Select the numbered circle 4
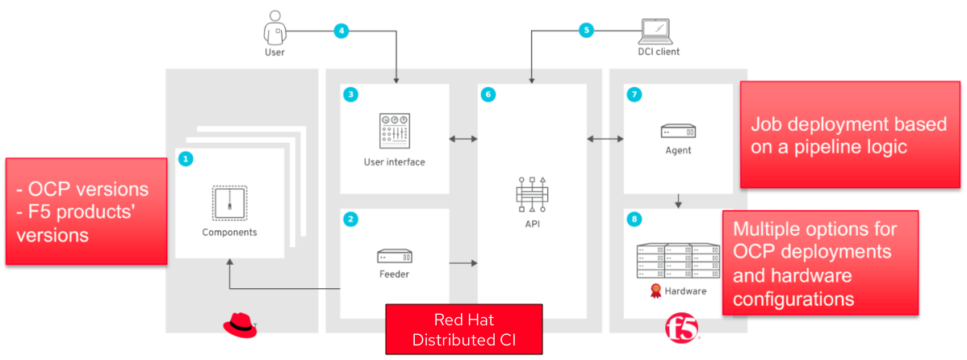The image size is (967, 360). pyautogui.click(x=342, y=31)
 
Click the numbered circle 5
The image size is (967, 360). pyautogui.click(x=587, y=31)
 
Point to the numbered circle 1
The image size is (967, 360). pyautogui.click(x=186, y=159)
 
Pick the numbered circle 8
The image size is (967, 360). pyautogui.click(x=634, y=219)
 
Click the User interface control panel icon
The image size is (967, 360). pyautogui.click(x=394, y=131)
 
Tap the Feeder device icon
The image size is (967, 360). pyautogui.click(x=394, y=256)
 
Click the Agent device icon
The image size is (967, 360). pyautogui.click(x=678, y=131)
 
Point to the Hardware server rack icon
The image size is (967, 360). pyautogui.click(x=678, y=259)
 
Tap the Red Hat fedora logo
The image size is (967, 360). pyautogui.click(x=239, y=325)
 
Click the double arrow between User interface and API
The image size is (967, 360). pyautogui.click(x=463, y=140)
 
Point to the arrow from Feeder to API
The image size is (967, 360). pyautogui.click(x=463, y=263)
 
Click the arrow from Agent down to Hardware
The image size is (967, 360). pyautogui.click(x=678, y=199)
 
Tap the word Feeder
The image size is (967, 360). pyautogui.click(x=394, y=274)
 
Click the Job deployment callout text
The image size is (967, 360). pyautogui.click(x=831, y=136)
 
